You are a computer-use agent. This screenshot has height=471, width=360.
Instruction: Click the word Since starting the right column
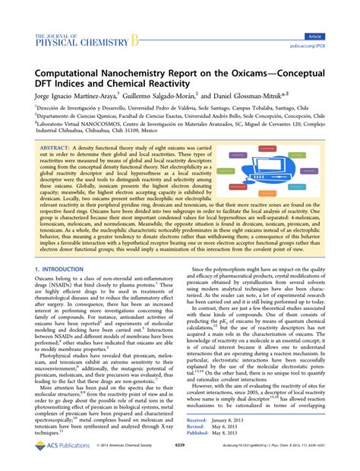201,269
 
